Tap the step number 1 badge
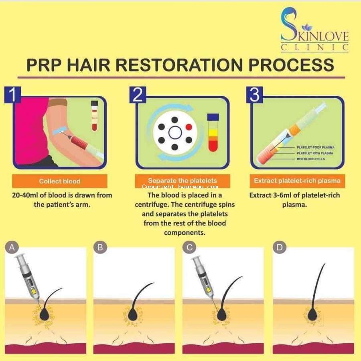(13, 95)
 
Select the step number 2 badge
(138, 95)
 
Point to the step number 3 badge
(254, 95)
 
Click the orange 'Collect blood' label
(60, 181)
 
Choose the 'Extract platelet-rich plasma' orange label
(297, 181)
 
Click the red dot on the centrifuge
(189, 127)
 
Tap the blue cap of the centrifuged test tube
(213, 117)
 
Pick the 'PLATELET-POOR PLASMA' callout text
(315, 147)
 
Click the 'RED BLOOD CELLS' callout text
(311, 159)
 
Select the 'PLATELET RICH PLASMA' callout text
(315, 153)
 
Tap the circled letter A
(12, 247)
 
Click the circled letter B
(100, 247)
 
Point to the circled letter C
(189, 247)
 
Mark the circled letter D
(280, 247)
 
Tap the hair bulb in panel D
(312, 314)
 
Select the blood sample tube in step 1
(94, 116)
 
